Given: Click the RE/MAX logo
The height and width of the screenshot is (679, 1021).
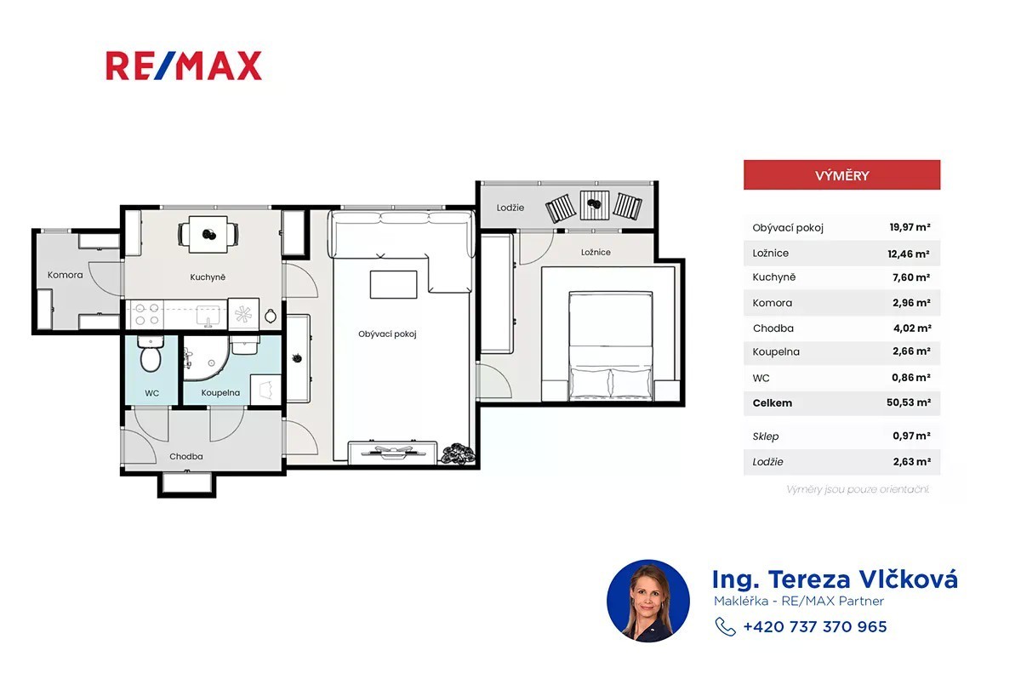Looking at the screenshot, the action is click(x=184, y=66).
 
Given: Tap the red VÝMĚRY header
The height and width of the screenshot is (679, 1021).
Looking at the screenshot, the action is click(x=841, y=175).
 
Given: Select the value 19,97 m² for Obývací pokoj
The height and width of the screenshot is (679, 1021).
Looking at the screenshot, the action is click(x=910, y=227).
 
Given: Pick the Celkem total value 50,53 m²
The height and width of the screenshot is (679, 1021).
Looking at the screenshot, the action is click(x=909, y=402).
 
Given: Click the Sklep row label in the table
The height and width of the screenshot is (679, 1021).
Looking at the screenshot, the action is click(x=765, y=436).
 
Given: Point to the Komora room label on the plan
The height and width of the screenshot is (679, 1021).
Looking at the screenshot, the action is click(x=66, y=275).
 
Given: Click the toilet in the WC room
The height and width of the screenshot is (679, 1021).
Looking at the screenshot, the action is click(x=151, y=354).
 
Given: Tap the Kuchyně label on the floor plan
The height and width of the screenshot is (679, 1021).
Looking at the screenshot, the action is click(x=208, y=277).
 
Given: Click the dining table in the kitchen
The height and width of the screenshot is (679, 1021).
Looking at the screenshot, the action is click(x=208, y=234).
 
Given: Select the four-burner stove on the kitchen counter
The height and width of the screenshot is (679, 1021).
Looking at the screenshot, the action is click(x=145, y=314).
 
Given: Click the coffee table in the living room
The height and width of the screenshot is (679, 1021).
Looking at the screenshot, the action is click(x=393, y=285).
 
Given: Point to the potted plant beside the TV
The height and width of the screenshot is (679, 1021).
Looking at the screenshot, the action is click(x=458, y=454).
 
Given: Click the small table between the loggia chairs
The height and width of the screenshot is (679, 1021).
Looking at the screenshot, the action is click(x=595, y=206).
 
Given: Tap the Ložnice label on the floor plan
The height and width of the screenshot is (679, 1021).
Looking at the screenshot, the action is click(x=596, y=252).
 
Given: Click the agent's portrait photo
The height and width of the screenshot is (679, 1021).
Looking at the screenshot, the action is click(x=648, y=601).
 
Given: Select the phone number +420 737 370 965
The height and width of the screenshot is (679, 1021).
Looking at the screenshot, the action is click(x=815, y=626).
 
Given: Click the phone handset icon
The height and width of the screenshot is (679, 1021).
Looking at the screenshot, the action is click(x=725, y=626).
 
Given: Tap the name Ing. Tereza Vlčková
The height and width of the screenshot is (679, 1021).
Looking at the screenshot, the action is click(x=835, y=579).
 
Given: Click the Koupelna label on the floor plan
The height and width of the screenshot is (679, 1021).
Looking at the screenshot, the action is click(x=220, y=392).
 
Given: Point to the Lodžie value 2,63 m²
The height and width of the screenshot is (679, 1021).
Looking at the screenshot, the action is click(x=911, y=462).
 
